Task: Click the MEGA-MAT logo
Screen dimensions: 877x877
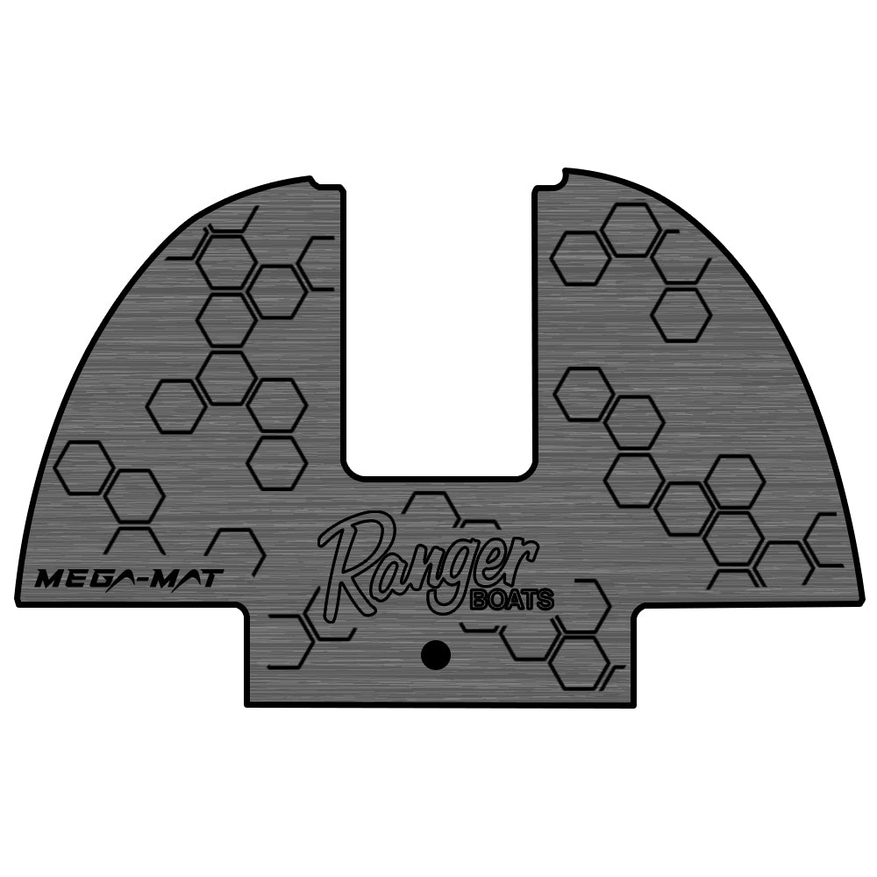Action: (129, 578)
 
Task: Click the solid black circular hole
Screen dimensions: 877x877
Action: (435, 654)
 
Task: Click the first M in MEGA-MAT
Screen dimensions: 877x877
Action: (50, 579)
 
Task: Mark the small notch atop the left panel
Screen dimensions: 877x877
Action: (317, 182)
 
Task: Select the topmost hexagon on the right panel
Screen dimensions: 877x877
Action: (631, 230)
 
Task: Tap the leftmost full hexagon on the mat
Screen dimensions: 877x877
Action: (83, 467)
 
